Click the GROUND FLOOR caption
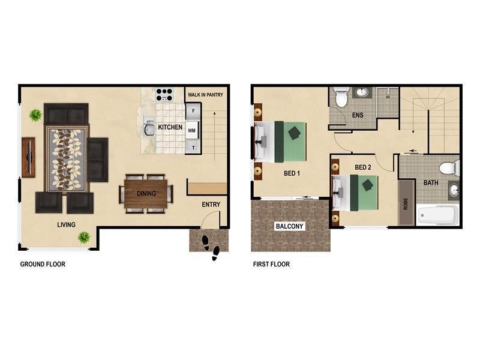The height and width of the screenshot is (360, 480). click(43, 264)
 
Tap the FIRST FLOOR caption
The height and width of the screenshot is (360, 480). click(271, 264)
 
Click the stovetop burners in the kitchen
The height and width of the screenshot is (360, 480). click(164, 95)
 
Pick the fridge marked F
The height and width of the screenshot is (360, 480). click(193, 112)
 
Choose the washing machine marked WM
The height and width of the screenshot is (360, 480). click(193, 129)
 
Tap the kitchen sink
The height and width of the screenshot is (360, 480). click(149, 128)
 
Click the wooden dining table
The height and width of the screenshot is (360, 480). click(146, 194)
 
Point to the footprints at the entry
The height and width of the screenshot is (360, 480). click(210, 246)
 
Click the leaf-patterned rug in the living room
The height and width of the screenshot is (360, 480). click(67, 158)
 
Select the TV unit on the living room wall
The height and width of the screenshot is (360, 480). click(28, 157)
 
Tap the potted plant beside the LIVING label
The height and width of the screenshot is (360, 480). click(84, 237)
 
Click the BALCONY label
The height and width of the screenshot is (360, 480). click(289, 226)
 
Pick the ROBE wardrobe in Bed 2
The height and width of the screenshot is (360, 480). click(406, 202)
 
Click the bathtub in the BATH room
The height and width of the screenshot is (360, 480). click(438, 215)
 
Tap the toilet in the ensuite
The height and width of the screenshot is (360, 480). click(341, 97)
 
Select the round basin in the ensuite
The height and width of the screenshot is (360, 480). click(362, 92)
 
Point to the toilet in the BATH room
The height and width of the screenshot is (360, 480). click(449, 167)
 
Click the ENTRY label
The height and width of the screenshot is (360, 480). click(211, 205)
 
